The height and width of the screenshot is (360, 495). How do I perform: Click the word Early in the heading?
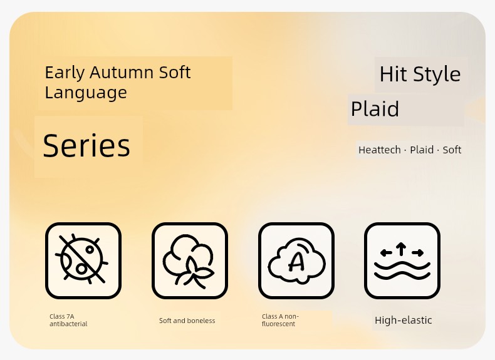(x=65, y=73)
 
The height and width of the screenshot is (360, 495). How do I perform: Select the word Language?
(x=86, y=93)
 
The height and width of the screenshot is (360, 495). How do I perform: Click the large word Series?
(x=86, y=145)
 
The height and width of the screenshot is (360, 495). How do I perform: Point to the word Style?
(x=437, y=75)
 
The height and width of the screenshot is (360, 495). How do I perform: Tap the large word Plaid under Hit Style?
(x=375, y=109)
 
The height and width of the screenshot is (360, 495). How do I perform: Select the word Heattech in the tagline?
(x=380, y=150)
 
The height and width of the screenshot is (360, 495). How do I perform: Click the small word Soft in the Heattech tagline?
(x=452, y=150)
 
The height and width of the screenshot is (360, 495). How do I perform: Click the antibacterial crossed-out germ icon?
(x=83, y=260)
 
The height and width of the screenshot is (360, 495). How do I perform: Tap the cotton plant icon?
(x=190, y=260)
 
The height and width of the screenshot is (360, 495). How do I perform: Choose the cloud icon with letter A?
(x=296, y=260)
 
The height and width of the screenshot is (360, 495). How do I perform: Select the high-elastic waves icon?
(x=402, y=260)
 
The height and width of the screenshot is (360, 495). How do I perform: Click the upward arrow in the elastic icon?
(x=401, y=249)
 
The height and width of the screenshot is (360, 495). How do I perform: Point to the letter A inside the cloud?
(x=297, y=261)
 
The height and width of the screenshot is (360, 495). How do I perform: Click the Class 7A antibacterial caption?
(x=68, y=320)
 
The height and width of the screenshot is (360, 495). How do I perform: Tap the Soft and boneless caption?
(x=187, y=321)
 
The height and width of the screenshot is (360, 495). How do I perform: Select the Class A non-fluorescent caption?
(x=280, y=320)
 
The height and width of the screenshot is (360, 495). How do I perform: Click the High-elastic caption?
(x=403, y=321)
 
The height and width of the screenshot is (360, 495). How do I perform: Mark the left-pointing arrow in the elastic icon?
(x=386, y=252)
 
